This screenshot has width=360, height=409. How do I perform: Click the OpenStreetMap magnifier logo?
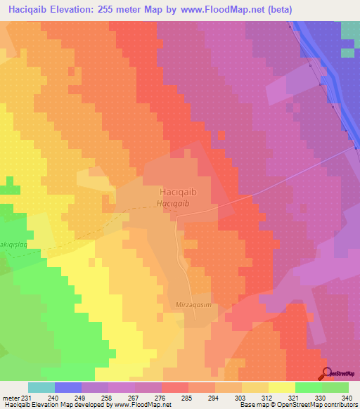[327, 374]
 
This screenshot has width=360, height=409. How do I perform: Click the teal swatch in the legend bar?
[41, 387]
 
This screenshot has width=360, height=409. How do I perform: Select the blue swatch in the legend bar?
[67, 387]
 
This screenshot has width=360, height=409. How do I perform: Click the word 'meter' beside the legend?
[11, 397]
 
